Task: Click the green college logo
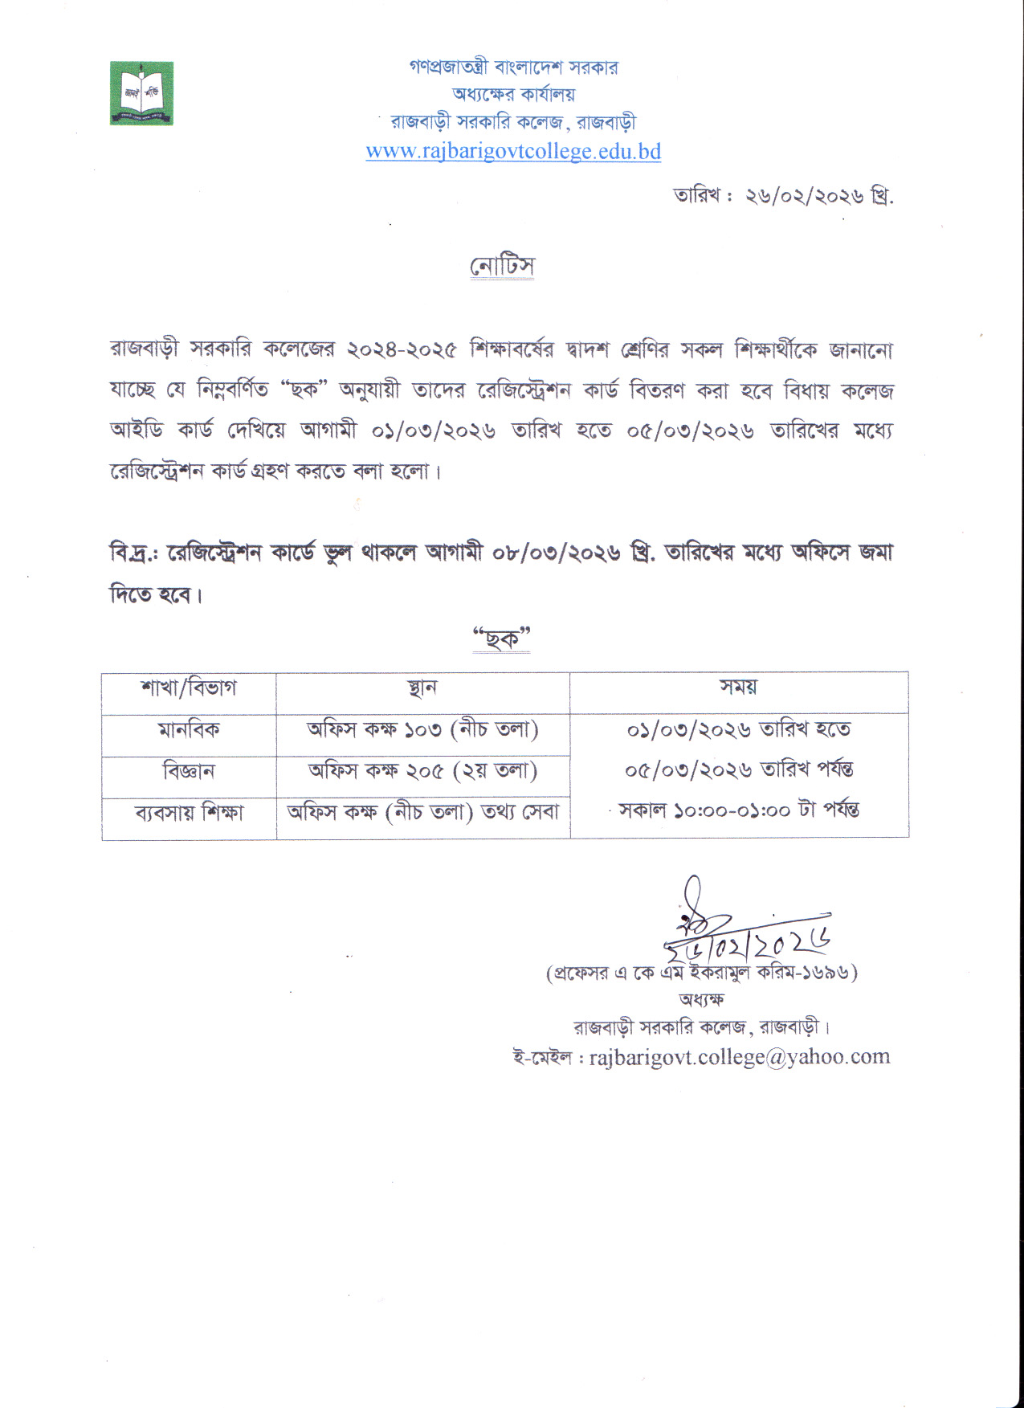[141, 93]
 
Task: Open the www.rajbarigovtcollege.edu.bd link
[513, 151]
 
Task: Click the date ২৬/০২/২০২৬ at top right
[804, 197]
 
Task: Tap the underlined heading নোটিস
[502, 266]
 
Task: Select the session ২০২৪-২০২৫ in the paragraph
[402, 351]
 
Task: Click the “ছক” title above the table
[502, 639]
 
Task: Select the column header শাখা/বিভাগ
[189, 689]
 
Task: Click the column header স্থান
[422, 689]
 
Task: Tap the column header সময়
[738, 688]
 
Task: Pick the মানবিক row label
[189, 731]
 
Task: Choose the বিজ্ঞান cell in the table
[189, 772]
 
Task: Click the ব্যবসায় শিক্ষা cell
[189, 813]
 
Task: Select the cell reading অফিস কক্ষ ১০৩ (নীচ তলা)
[422, 730]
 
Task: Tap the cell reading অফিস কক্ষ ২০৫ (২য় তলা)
[422, 771]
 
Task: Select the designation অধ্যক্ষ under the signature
[701, 1000]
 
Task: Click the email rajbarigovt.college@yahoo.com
[739, 1057]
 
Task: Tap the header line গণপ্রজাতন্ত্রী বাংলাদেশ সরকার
[513, 67]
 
